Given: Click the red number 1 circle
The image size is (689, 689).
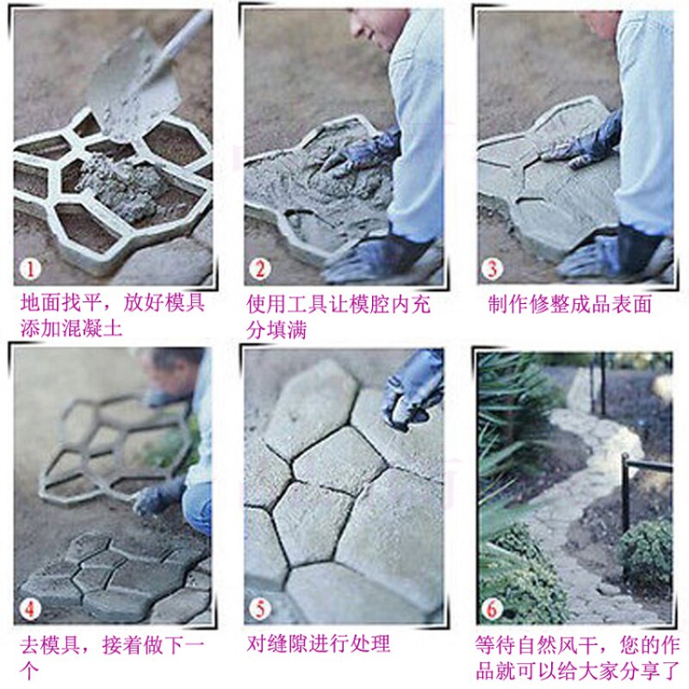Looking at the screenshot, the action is (30, 269).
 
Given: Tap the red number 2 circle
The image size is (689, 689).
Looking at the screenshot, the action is (260, 269).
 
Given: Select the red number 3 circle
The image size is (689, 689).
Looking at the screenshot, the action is (492, 269).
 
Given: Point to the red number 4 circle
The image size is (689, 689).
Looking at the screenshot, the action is (30, 609).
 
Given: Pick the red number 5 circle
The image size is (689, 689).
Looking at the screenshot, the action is (260, 609).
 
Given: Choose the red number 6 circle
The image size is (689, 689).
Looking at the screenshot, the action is (492, 609).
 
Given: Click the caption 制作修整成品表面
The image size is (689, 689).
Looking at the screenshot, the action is (569, 304).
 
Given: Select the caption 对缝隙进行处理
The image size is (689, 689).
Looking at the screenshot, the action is (319, 644).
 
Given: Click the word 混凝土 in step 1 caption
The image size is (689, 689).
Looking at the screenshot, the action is (91, 328).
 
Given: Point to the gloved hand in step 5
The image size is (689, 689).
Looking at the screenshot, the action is (411, 391).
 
